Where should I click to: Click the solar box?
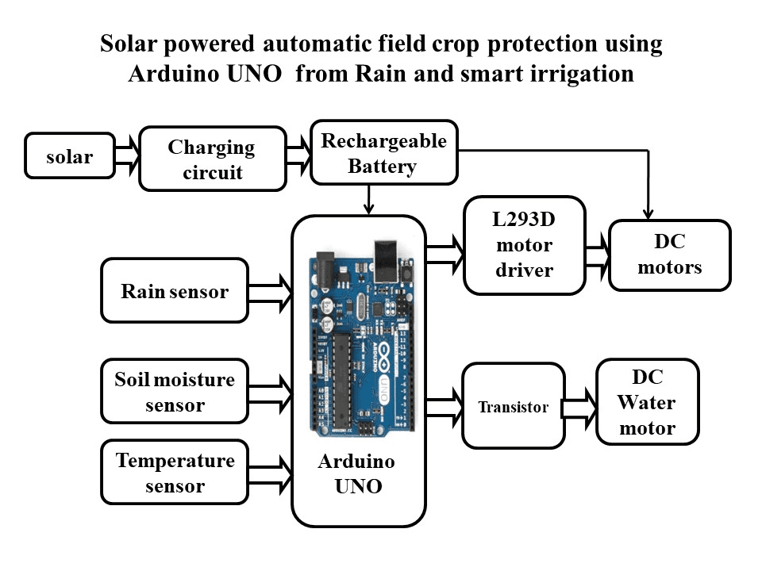(69, 155)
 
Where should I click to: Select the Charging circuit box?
(212, 159)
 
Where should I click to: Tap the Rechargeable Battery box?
(383, 153)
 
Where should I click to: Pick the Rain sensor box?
(175, 290)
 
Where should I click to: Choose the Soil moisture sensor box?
(175, 392)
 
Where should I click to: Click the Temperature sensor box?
(175, 473)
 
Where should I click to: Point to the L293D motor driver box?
(524, 246)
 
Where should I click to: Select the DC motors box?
(669, 255)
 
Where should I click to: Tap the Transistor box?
(513, 406)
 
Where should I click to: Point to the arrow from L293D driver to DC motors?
(596, 253)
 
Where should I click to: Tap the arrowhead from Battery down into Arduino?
(368, 209)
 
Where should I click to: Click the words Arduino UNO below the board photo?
(356, 473)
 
